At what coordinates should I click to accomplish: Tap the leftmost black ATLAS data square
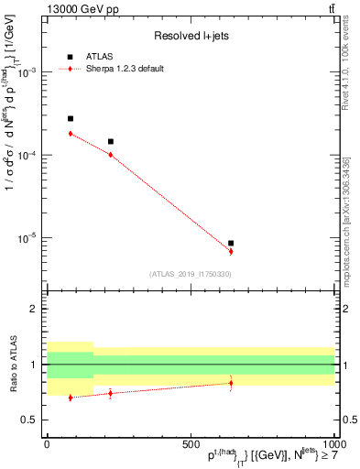click(71, 119)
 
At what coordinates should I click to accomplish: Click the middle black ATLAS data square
click(110, 142)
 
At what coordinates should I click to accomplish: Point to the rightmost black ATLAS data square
click(231, 244)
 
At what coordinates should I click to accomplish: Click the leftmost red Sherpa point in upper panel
click(71, 134)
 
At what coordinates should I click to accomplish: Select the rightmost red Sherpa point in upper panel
click(231, 251)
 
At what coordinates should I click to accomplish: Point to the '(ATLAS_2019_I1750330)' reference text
click(191, 273)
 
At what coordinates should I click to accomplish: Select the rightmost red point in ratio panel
click(231, 383)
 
